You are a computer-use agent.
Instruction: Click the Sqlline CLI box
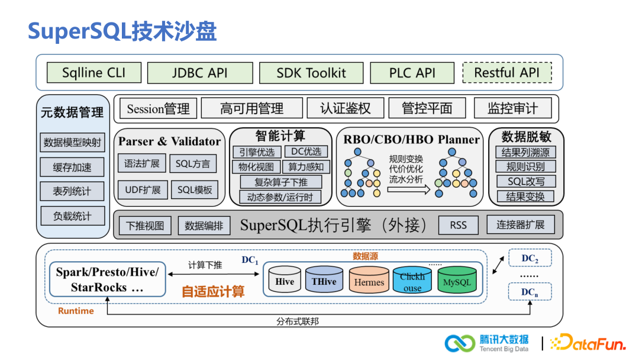click(94, 73)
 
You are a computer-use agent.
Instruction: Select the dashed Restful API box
click(506, 73)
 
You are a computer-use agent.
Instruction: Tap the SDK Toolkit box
click(311, 73)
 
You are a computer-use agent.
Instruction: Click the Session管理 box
click(158, 108)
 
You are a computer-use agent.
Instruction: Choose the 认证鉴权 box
click(345, 108)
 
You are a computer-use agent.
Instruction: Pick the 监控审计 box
click(512, 108)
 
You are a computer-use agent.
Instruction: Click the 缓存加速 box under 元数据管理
click(72, 167)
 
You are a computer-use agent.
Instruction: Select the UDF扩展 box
click(143, 189)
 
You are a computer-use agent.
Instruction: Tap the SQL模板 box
click(195, 189)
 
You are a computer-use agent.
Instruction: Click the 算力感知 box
click(305, 167)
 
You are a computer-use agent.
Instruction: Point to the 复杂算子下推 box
click(280, 182)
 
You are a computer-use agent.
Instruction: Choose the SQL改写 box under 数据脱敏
click(526, 182)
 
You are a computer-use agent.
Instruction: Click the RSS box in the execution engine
click(458, 225)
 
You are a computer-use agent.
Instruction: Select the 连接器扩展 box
click(521, 225)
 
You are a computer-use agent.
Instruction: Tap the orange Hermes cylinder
click(369, 280)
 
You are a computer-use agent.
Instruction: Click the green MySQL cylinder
click(457, 280)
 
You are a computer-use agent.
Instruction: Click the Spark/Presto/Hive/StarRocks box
click(107, 279)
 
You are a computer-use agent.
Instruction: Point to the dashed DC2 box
click(530, 258)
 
